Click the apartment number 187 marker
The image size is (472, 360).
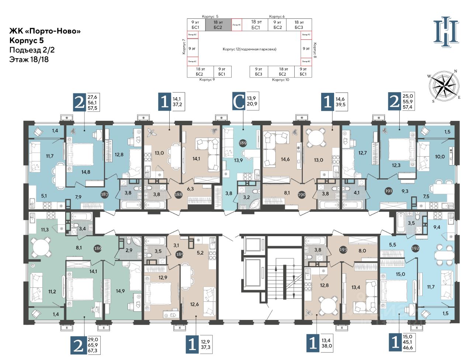105,194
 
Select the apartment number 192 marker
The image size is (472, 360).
416,248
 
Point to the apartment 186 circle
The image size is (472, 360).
98,248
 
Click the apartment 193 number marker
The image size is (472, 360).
343,250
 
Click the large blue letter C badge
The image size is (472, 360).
239,102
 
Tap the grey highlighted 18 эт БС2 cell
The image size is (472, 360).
218,25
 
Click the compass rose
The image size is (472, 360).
444,86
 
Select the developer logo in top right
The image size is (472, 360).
446,32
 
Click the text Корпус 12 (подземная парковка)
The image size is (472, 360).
249,49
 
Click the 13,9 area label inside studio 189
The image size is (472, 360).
239,160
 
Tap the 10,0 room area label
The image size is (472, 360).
440,157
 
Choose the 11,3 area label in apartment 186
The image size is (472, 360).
45,230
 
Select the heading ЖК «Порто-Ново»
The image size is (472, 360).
45,31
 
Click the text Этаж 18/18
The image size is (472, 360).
29,59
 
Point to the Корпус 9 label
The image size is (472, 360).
207,80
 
